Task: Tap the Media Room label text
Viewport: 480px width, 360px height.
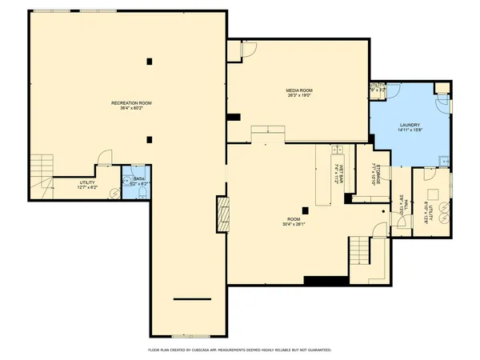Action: point(298,92)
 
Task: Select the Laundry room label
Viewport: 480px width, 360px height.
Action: point(409,129)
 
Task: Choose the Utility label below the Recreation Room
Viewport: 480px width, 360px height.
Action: point(87,185)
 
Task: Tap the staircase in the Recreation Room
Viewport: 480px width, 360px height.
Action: point(41,169)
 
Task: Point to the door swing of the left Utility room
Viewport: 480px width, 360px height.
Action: point(102,158)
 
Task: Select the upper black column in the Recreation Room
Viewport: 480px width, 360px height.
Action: point(148,61)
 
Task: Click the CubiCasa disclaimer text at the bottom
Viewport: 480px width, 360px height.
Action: point(240,350)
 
